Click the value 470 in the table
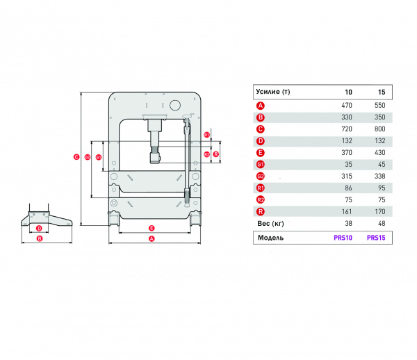(x=347, y=105)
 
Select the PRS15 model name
(x=376, y=238)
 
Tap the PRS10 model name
(x=343, y=238)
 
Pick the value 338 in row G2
(x=379, y=176)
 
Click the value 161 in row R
(x=347, y=212)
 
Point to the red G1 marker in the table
(x=261, y=165)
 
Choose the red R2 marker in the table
(x=261, y=199)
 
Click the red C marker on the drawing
(x=76, y=157)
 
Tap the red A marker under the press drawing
(x=152, y=238)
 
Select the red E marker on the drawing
(x=152, y=228)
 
